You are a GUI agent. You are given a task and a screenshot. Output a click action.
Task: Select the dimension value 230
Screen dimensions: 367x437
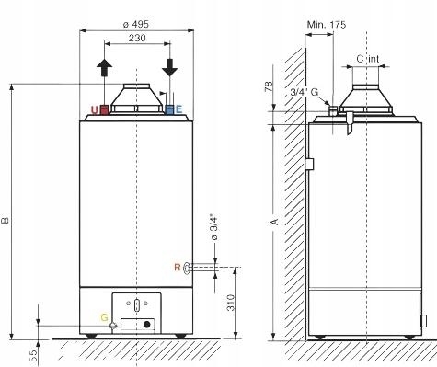tap(135, 38)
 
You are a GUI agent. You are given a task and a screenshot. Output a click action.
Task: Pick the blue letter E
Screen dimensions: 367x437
tap(179, 109)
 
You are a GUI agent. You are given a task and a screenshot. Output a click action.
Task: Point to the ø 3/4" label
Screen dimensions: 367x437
tap(213, 225)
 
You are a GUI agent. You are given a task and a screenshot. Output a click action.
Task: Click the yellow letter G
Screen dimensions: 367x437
tap(104, 316)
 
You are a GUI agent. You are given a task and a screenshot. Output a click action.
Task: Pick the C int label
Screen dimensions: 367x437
tap(367, 59)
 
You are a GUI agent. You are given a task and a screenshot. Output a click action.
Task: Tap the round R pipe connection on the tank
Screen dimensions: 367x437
tap(188, 268)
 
